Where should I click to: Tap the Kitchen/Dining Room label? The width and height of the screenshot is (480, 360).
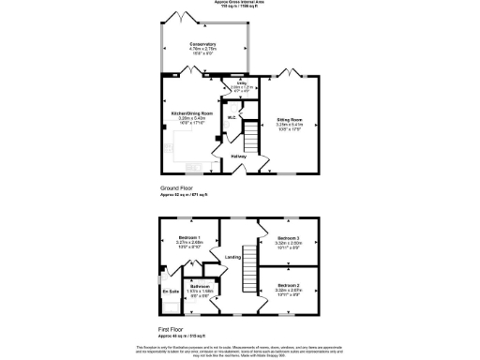191,113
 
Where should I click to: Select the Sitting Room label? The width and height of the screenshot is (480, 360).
289,120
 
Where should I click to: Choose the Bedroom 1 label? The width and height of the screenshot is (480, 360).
190,238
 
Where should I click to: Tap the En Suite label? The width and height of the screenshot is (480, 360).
170,292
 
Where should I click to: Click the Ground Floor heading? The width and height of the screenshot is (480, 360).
175,188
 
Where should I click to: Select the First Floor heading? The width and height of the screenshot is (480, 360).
172,329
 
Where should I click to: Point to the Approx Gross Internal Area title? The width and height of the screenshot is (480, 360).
240,3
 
